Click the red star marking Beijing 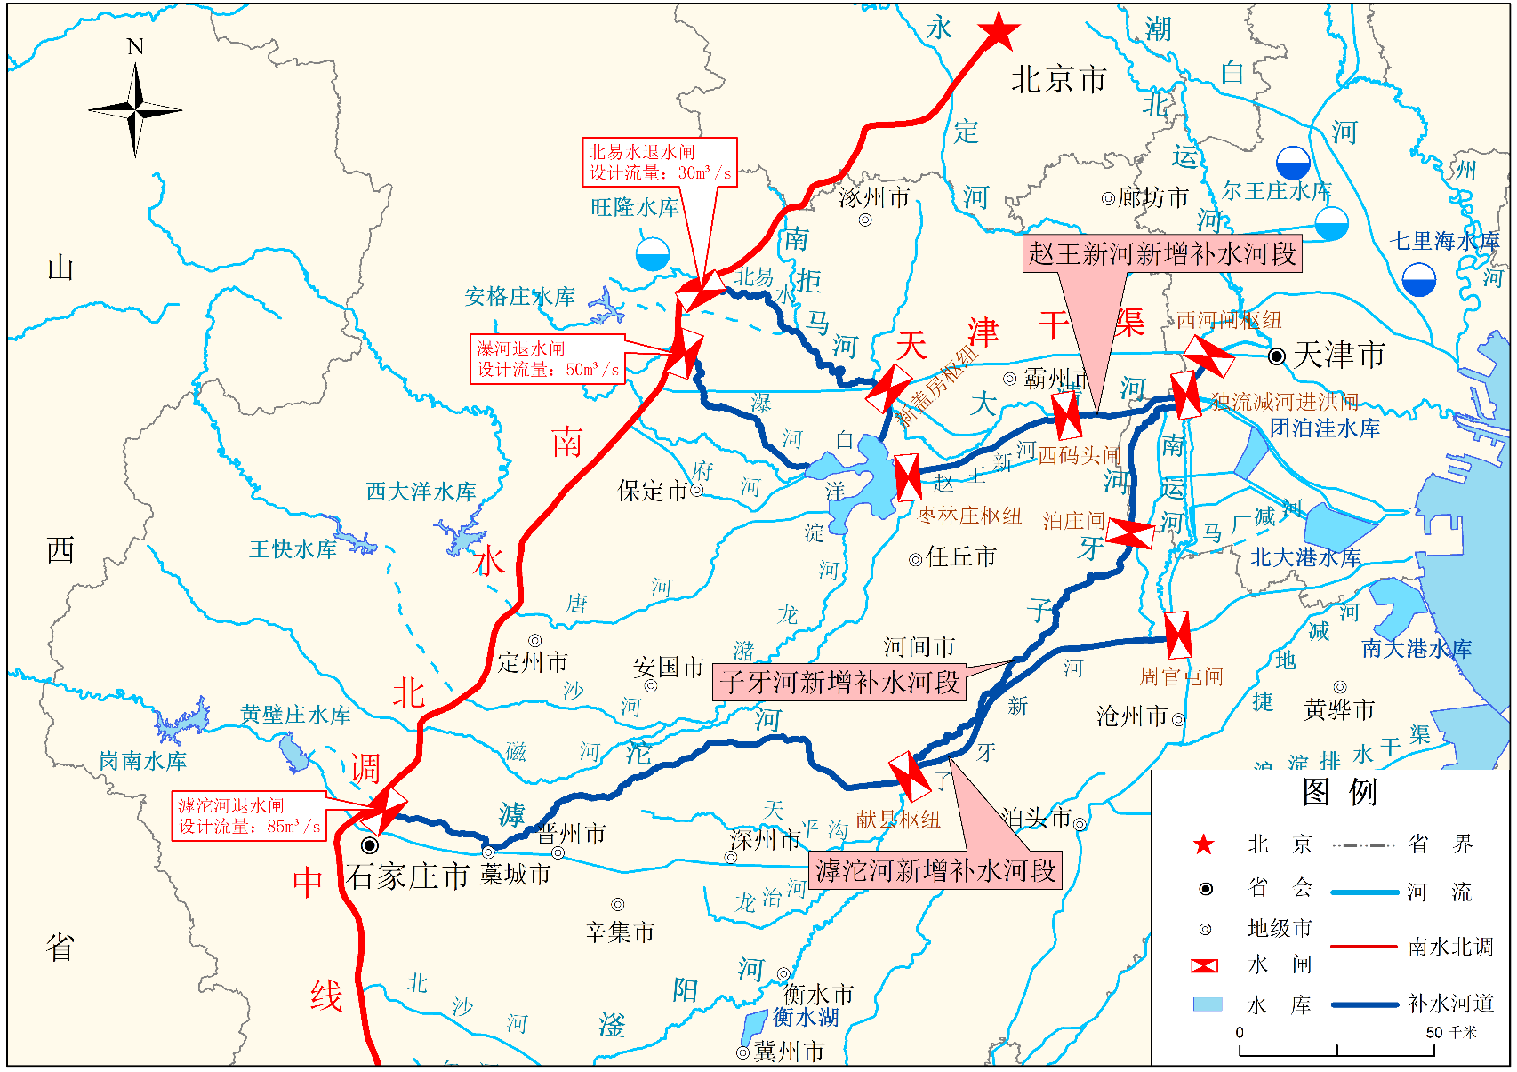tap(999, 32)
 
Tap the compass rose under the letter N tap(135, 111)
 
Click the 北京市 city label tap(1058, 80)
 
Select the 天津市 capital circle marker tap(1277, 356)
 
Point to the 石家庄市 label tap(408, 876)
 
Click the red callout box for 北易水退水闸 tap(660, 163)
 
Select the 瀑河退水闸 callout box tap(547, 359)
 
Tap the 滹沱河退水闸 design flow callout tap(249, 816)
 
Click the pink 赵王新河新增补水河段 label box tap(1161, 253)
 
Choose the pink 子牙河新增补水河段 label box tap(839, 683)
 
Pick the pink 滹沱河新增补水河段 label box tap(935, 869)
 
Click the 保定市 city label tap(654, 491)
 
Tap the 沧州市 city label tap(1132, 716)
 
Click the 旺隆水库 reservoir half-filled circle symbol tap(653, 254)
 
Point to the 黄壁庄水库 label tap(295, 715)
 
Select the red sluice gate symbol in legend tap(1204, 965)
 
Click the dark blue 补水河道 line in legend tap(1364, 1004)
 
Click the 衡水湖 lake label tap(805, 1016)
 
